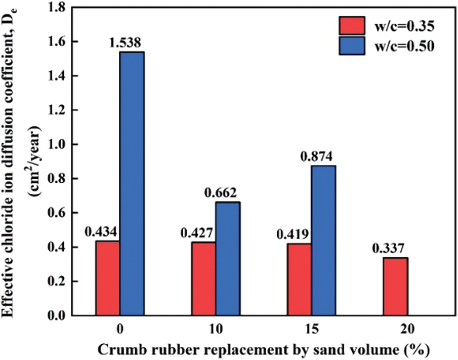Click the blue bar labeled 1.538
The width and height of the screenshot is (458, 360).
pyautogui.click(x=132, y=183)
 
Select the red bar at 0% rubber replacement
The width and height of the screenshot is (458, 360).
pyautogui.click(x=108, y=278)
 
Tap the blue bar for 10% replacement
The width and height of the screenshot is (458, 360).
pyautogui.click(x=228, y=258)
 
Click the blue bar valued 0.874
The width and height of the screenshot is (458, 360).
pyautogui.click(x=323, y=241)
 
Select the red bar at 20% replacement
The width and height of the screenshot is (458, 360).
pyautogui.click(x=395, y=287)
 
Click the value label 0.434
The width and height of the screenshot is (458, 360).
pyautogui.click(x=101, y=232)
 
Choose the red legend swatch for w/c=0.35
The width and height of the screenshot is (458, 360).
pyautogui.click(x=351, y=24)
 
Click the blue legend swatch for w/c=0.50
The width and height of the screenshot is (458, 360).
pyautogui.click(x=351, y=47)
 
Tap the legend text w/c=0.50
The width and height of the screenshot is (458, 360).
pyautogui.click(x=403, y=47)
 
